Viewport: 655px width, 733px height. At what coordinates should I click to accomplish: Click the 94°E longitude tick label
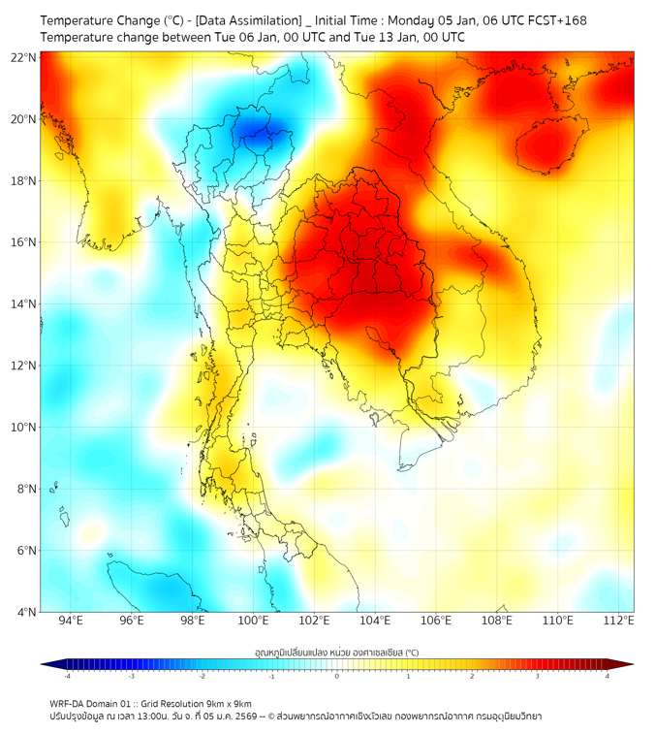[x=71, y=621]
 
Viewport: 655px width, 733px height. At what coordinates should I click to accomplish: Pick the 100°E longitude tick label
[x=254, y=621]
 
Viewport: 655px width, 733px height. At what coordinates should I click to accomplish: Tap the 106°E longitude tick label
[x=436, y=621]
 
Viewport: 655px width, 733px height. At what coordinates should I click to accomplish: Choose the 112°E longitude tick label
[x=619, y=621]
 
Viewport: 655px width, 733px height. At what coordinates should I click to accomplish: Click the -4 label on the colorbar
[x=66, y=676]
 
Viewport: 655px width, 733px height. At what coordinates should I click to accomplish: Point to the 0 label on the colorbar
[x=337, y=676]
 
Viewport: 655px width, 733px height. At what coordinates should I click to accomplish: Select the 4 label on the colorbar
[x=608, y=676]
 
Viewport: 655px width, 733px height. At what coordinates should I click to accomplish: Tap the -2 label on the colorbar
[x=202, y=676]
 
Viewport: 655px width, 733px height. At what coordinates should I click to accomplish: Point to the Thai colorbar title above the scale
[x=336, y=653]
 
